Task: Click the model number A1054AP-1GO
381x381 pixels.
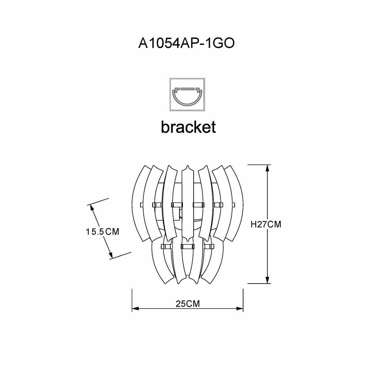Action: [x=186, y=44]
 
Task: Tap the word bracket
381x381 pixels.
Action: [x=188, y=127]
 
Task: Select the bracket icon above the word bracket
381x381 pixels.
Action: [x=187, y=94]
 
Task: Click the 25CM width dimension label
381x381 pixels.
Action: [x=188, y=304]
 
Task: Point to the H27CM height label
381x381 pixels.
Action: [x=266, y=224]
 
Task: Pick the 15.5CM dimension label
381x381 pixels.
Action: [x=102, y=231]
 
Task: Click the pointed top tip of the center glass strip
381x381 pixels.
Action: [x=187, y=167]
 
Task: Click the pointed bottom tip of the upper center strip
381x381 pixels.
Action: [x=187, y=238]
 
